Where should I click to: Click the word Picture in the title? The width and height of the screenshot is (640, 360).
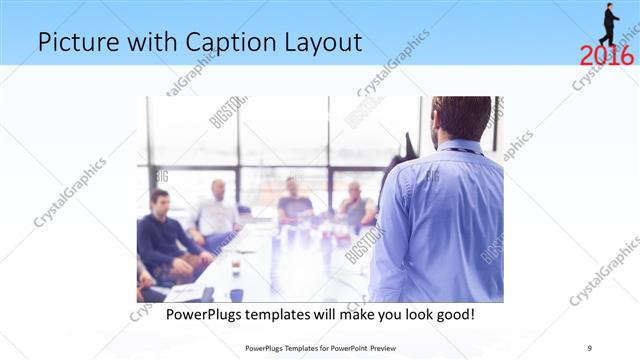coord(76,43)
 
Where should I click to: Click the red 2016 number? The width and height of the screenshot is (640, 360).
coord(607,54)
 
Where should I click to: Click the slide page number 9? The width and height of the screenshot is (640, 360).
coord(589,348)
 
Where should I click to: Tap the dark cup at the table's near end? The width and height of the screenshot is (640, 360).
coord(237,294)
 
